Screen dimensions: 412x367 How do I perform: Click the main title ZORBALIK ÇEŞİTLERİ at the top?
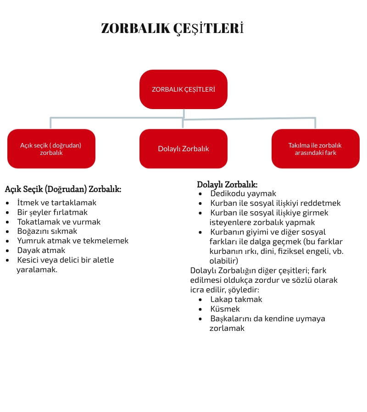coord(172,28)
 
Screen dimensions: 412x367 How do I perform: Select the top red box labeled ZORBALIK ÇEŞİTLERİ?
coord(183,89)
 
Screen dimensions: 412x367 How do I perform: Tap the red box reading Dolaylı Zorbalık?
coord(183,148)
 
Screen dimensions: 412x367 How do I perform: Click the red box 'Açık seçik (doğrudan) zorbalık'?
coord(51,148)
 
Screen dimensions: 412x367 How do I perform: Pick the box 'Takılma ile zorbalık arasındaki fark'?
coord(315,148)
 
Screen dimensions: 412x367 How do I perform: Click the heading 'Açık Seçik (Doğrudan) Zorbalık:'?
coord(63,189)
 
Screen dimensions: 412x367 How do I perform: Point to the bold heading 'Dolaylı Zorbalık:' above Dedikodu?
coord(227,184)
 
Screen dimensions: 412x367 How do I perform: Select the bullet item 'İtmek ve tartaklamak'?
coord(56,202)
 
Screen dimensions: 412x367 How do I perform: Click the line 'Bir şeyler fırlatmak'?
coord(52,212)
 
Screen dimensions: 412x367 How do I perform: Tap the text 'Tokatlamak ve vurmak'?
coord(59,222)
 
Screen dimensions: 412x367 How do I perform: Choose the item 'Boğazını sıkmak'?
coord(47,231)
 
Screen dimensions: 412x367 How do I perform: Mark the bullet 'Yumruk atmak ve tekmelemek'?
coord(72,241)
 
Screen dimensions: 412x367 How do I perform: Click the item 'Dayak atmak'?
coord(41,250)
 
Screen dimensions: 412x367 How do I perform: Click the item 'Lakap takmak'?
coord(236,299)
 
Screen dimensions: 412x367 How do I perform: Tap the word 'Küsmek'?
coord(225,309)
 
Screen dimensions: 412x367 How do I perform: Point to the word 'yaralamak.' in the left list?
coord(37,269)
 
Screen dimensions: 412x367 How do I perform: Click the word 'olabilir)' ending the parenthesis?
coord(224,260)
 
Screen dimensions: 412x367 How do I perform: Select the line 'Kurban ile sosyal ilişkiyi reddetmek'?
coord(275,203)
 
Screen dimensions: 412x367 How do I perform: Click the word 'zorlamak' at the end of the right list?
coord(227,328)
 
